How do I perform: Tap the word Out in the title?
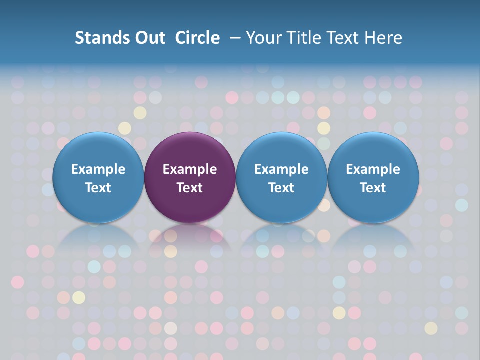pyautogui.click(x=148, y=38)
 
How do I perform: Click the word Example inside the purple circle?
pyautogui.click(x=190, y=169)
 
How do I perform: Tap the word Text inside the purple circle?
pyautogui.click(x=190, y=188)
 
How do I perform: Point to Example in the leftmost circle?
pyautogui.click(x=98, y=169)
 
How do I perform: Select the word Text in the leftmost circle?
pyautogui.click(x=98, y=188)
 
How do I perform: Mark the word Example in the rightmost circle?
pyautogui.click(x=373, y=169)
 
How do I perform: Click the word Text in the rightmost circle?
pyautogui.click(x=373, y=188)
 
